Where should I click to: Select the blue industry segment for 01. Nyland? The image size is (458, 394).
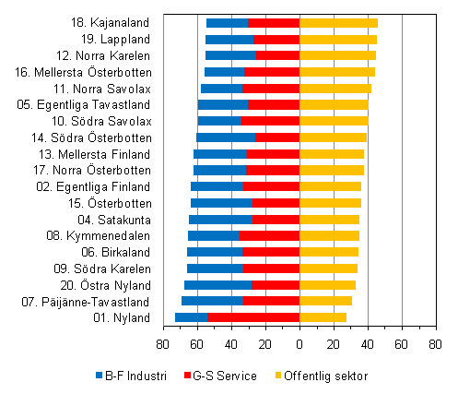tap(192, 317)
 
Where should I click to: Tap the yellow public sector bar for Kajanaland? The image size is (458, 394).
tap(338, 22)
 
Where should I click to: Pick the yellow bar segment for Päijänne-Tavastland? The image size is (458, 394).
tap(325, 301)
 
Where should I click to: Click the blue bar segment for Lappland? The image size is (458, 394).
tap(229, 40)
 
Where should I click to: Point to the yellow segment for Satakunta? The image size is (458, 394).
tap(329, 220)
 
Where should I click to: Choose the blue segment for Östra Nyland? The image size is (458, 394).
tap(218, 285)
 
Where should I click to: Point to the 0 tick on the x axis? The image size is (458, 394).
tap(299, 344)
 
